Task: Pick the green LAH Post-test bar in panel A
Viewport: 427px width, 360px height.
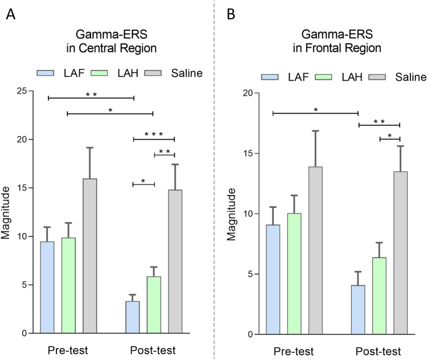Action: point(154,305)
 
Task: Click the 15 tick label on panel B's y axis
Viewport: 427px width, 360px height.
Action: point(249,154)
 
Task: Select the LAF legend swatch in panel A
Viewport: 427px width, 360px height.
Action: point(46,72)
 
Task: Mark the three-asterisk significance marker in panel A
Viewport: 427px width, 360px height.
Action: point(154,134)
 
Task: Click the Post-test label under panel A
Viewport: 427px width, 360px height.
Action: point(153,349)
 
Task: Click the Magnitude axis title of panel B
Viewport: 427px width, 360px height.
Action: point(232,214)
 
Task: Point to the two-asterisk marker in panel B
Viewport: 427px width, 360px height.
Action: point(379,121)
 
